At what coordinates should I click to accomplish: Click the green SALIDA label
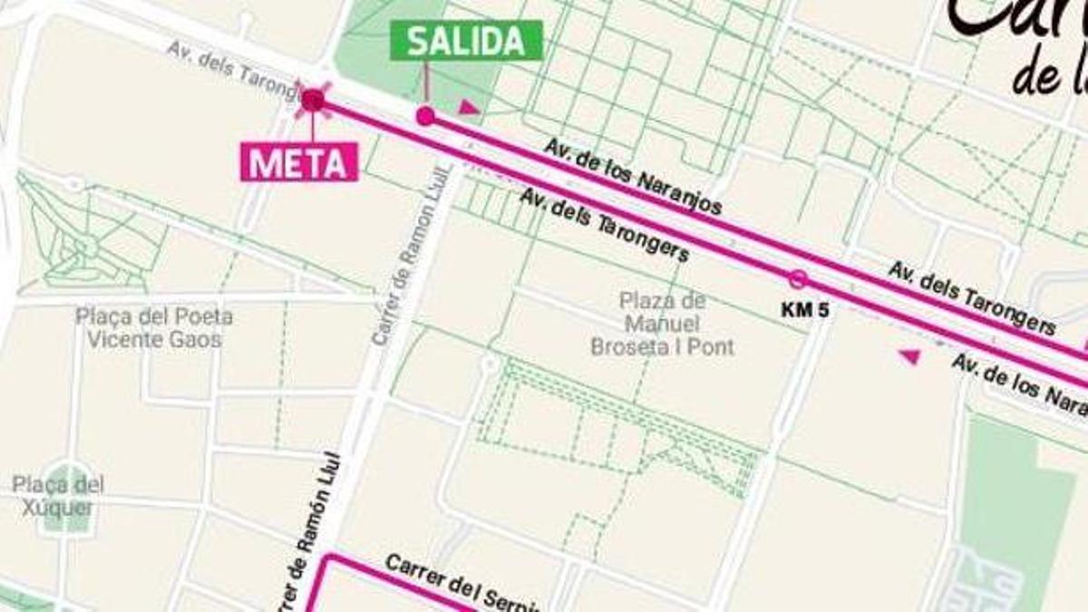(x=466, y=41)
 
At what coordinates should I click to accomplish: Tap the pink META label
(x=298, y=162)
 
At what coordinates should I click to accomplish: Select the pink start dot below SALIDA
(x=425, y=115)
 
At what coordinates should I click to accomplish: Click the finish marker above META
(x=313, y=100)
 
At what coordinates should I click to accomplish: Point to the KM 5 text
(x=805, y=310)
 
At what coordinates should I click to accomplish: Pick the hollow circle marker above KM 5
(x=798, y=278)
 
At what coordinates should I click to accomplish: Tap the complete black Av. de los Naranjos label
(x=633, y=176)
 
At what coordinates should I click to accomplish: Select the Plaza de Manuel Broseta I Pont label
(x=662, y=324)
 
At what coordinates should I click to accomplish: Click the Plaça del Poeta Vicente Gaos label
(x=153, y=328)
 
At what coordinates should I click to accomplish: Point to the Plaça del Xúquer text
(x=58, y=496)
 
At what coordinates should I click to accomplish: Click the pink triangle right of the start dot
(x=468, y=108)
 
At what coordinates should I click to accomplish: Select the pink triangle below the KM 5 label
(x=909, y=356)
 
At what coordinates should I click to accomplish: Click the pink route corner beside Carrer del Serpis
(x=328, y=558)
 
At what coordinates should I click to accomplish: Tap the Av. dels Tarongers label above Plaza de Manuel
(x=604, y=224)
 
